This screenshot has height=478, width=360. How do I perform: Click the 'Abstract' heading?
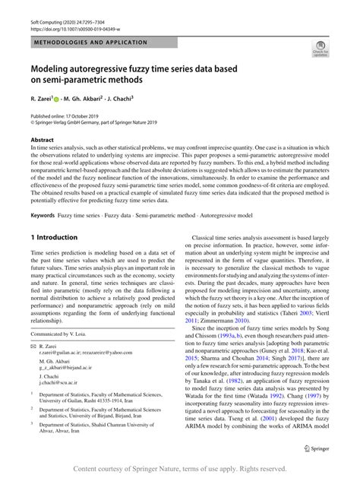point(43,141)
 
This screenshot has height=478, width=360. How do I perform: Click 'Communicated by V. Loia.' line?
point(64,334)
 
